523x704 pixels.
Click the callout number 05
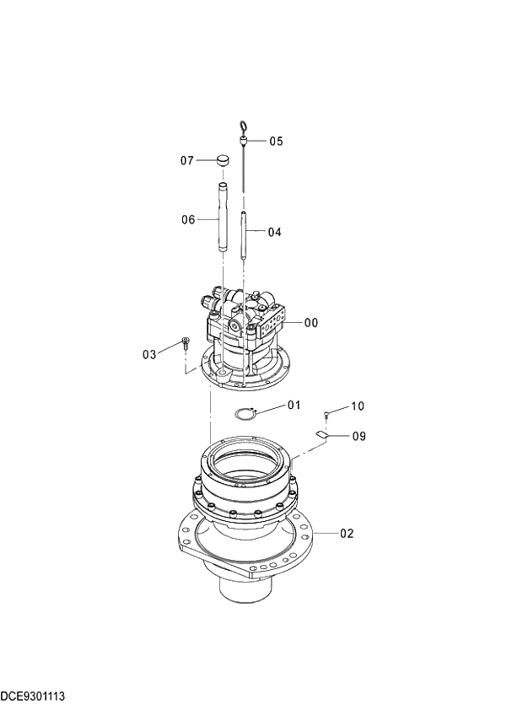pyautogui.click(x=277, y=142)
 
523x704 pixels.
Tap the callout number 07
pyautogui.click(x=187, y=160)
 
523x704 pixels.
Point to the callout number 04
pyautogui.click(x=275, y=232)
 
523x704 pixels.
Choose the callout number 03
pyautogui.click(x=149, y=355)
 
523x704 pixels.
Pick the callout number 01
pyautogui.click(x=294, y=406)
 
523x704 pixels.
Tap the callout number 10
pyautogui.click(x=357, y=406)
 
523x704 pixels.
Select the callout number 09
pyautogui.click(x=359, y=437)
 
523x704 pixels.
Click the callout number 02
pyautogui.click(x=347, y=534)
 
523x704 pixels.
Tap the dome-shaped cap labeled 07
pyautogui.click(x=222, y=159)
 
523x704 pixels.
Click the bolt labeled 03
pyautogui.click(x=186, y=343)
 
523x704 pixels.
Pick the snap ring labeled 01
pyautogui.click(x=245, y=414)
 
